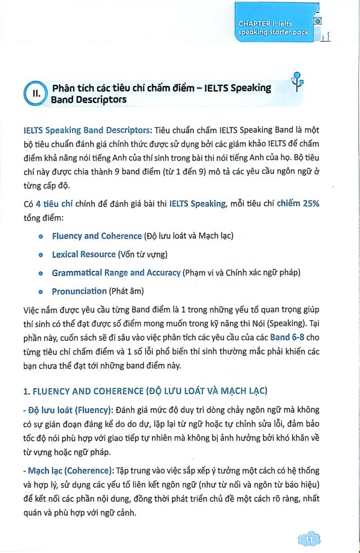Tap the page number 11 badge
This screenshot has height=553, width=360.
click(x=309, y=539)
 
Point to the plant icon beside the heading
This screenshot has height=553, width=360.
click(x=296, y=82)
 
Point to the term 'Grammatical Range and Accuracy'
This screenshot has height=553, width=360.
click(x=116, y=273)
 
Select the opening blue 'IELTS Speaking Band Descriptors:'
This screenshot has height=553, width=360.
click(x=89, y=130)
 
